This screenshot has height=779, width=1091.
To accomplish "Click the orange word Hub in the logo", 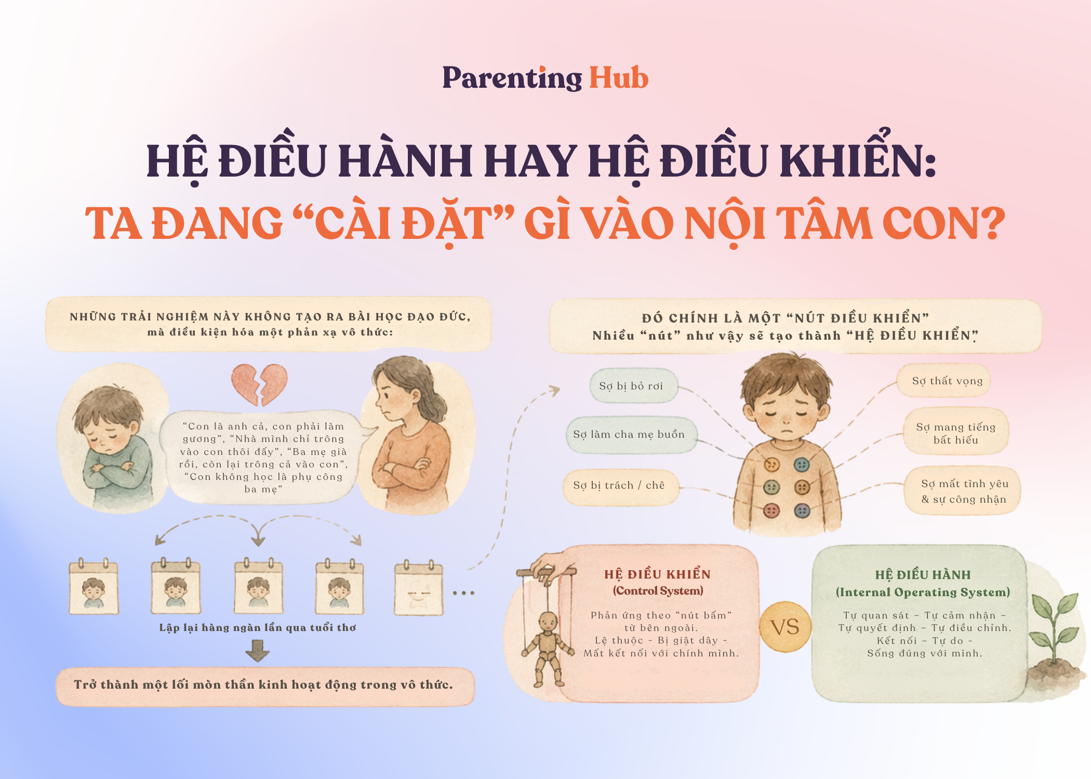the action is pos(619,78).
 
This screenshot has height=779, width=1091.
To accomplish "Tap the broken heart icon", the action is pos(259,384).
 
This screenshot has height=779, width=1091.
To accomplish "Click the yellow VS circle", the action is pos(785,627).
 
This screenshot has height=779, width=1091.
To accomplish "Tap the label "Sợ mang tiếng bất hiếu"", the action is pos(956,433).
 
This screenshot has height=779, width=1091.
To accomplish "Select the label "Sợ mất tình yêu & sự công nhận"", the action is pos(964,491).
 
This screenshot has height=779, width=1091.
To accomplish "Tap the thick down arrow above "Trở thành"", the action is pos(257,650).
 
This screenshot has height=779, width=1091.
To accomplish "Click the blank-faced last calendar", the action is pos(419,588).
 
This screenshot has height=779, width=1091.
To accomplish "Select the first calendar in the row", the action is pos(94,587).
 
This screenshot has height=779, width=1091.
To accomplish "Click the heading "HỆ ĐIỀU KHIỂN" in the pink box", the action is pos(657,574).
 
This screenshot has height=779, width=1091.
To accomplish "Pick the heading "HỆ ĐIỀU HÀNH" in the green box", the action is pos(923,575).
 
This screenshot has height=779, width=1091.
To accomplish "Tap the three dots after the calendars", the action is pos(463,593).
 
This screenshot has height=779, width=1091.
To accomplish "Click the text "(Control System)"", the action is pos(658,591).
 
